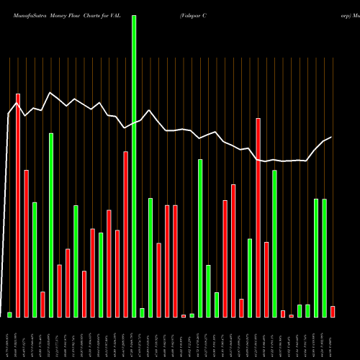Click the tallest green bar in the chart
coord(134,166)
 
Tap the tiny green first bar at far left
coord(9,315)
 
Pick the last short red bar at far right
coord(333,312)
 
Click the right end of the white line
coord(331,138)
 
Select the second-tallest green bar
coord(200,238)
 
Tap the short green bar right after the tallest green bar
coord(142,312)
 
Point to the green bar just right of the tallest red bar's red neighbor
coord(35,259)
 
